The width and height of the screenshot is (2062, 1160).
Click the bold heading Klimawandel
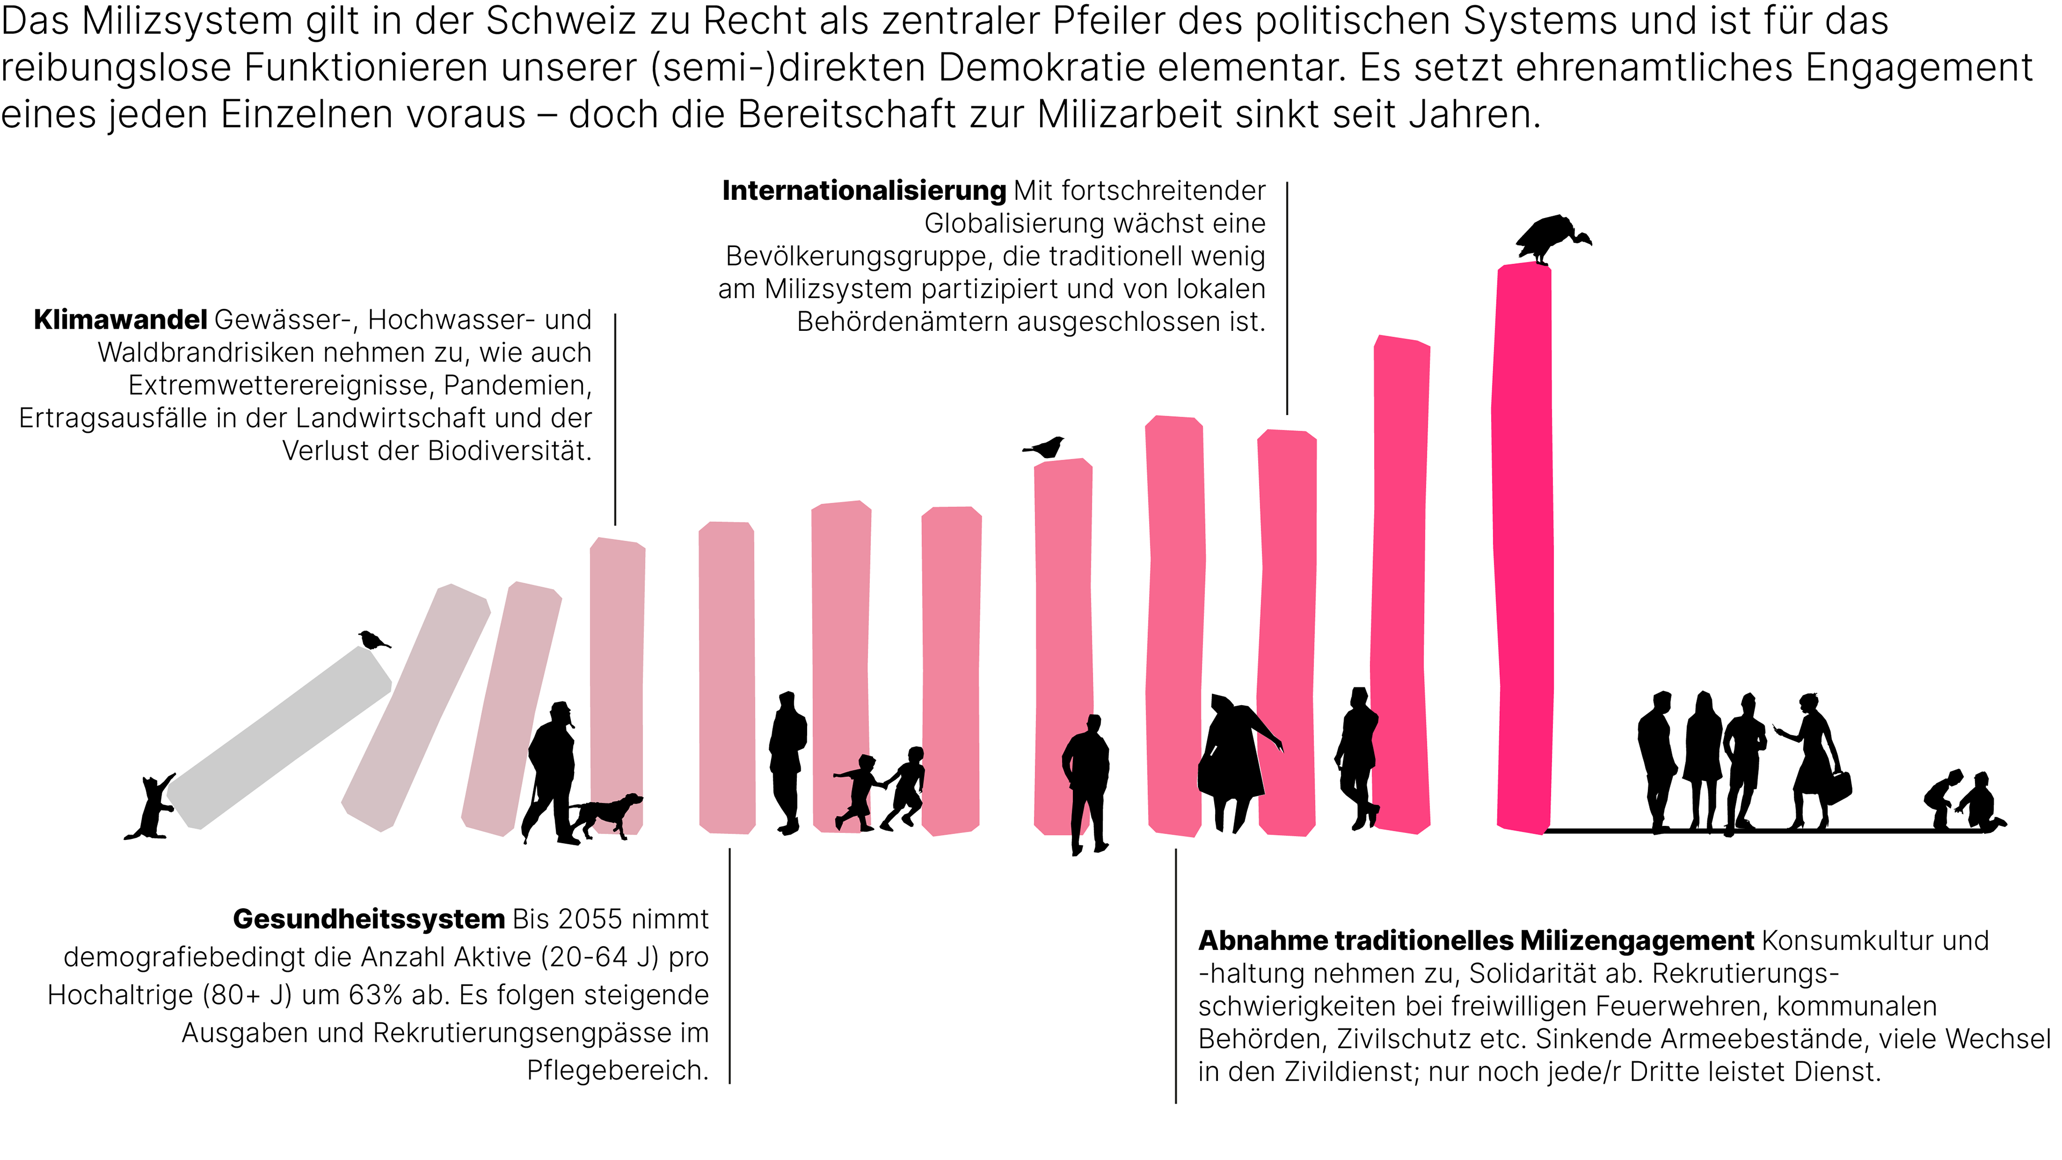click(x=120, y=320)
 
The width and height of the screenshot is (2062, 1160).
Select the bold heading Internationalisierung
click(x=863, y=191)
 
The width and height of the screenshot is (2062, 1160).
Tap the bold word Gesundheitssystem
click(x=368, y=919)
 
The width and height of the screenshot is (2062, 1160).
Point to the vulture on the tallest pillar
click(x=1549, y=238)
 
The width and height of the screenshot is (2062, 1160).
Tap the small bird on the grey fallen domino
click(x=372, y=640)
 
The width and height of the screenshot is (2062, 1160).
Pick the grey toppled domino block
click(x=279, y=736)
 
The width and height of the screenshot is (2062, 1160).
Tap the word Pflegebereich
click(x=617, y=1070)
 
